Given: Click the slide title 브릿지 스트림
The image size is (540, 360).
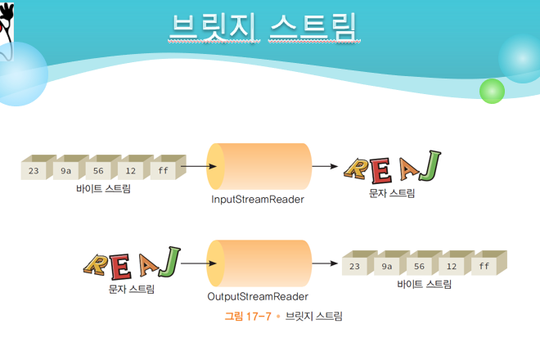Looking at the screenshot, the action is coord(263,26).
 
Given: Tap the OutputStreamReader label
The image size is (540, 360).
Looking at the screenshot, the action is coord(257,295).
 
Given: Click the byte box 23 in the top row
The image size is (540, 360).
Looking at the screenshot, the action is coord(34,171).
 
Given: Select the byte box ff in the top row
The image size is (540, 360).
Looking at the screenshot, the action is coord(163,171).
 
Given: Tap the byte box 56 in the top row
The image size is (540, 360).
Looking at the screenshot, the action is coord(98,171).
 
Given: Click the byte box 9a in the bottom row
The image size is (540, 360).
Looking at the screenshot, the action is coord(386,267).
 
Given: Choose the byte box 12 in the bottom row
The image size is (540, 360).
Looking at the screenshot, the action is coord(451,267).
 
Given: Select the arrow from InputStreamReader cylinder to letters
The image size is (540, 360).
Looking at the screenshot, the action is coord(325,167).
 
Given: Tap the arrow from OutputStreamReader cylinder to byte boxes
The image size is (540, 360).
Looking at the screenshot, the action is coord(325,263).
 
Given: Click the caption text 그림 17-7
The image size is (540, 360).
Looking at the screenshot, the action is coord(249,316).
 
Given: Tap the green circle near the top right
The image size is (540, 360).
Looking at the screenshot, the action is coord(492,90).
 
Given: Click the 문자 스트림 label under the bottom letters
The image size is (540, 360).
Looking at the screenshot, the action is coord(131,288).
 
